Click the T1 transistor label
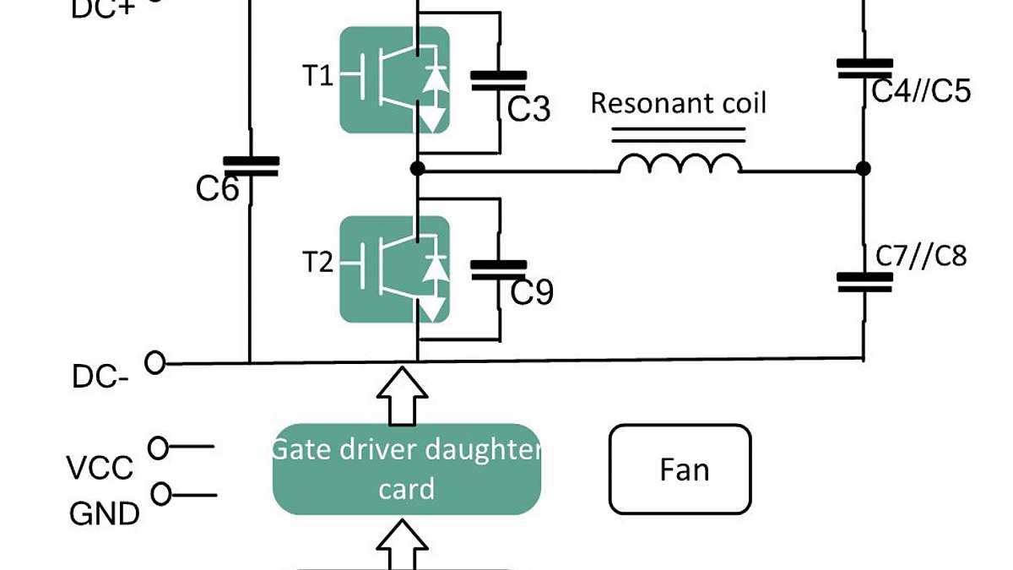coord(318,76)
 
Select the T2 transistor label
coord(318,263)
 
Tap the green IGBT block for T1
coord(393,80)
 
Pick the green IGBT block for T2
coord(393,269)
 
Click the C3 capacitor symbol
coord(498,80)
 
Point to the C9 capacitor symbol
coord(498,269)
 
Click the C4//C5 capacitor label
coord(921,90)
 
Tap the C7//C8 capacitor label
coord(920,255)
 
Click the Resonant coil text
coord(678,103)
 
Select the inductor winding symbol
coord(680,163)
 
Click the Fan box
coord(680,470)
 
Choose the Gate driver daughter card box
coord(406,470)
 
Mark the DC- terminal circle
coord(154,362)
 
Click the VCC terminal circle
coord(158,448)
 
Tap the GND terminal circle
coord(160,494)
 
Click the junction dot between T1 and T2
coord(417,169)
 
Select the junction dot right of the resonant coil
coord(863,169)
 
